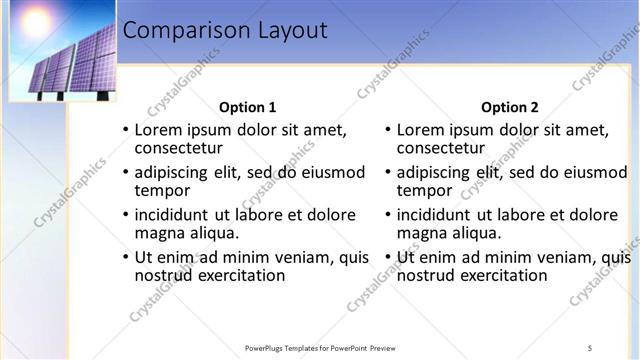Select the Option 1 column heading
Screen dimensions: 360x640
247,107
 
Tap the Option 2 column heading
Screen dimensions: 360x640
509,107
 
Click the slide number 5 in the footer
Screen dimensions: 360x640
590,347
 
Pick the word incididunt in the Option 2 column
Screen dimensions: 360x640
435,214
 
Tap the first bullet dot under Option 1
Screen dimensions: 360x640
125,131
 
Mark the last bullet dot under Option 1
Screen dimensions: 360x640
125,258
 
